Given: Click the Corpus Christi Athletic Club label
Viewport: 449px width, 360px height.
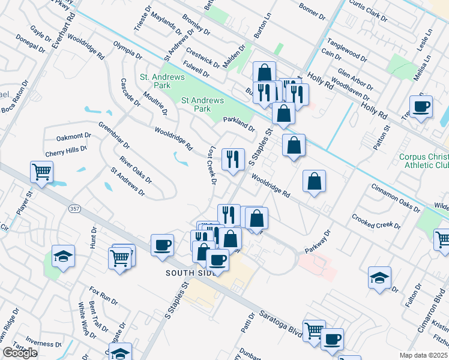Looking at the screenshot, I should (423, 161).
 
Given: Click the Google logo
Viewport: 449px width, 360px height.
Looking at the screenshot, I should (20, 353).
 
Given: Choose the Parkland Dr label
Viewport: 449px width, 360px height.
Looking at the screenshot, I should (240, 124).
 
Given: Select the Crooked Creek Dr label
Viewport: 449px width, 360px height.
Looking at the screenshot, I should (376, 221).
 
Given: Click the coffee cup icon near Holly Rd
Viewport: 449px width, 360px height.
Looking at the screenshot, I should (420, 107).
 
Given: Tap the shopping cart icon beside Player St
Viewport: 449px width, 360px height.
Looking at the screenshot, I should (41, 172).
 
